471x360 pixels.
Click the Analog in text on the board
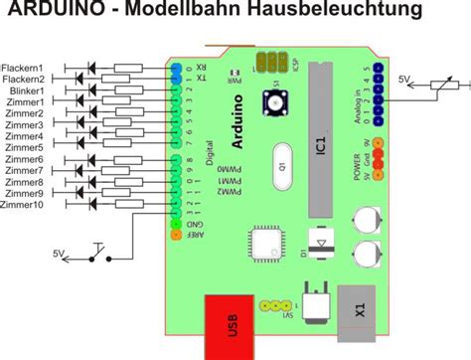coord(356,103)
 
